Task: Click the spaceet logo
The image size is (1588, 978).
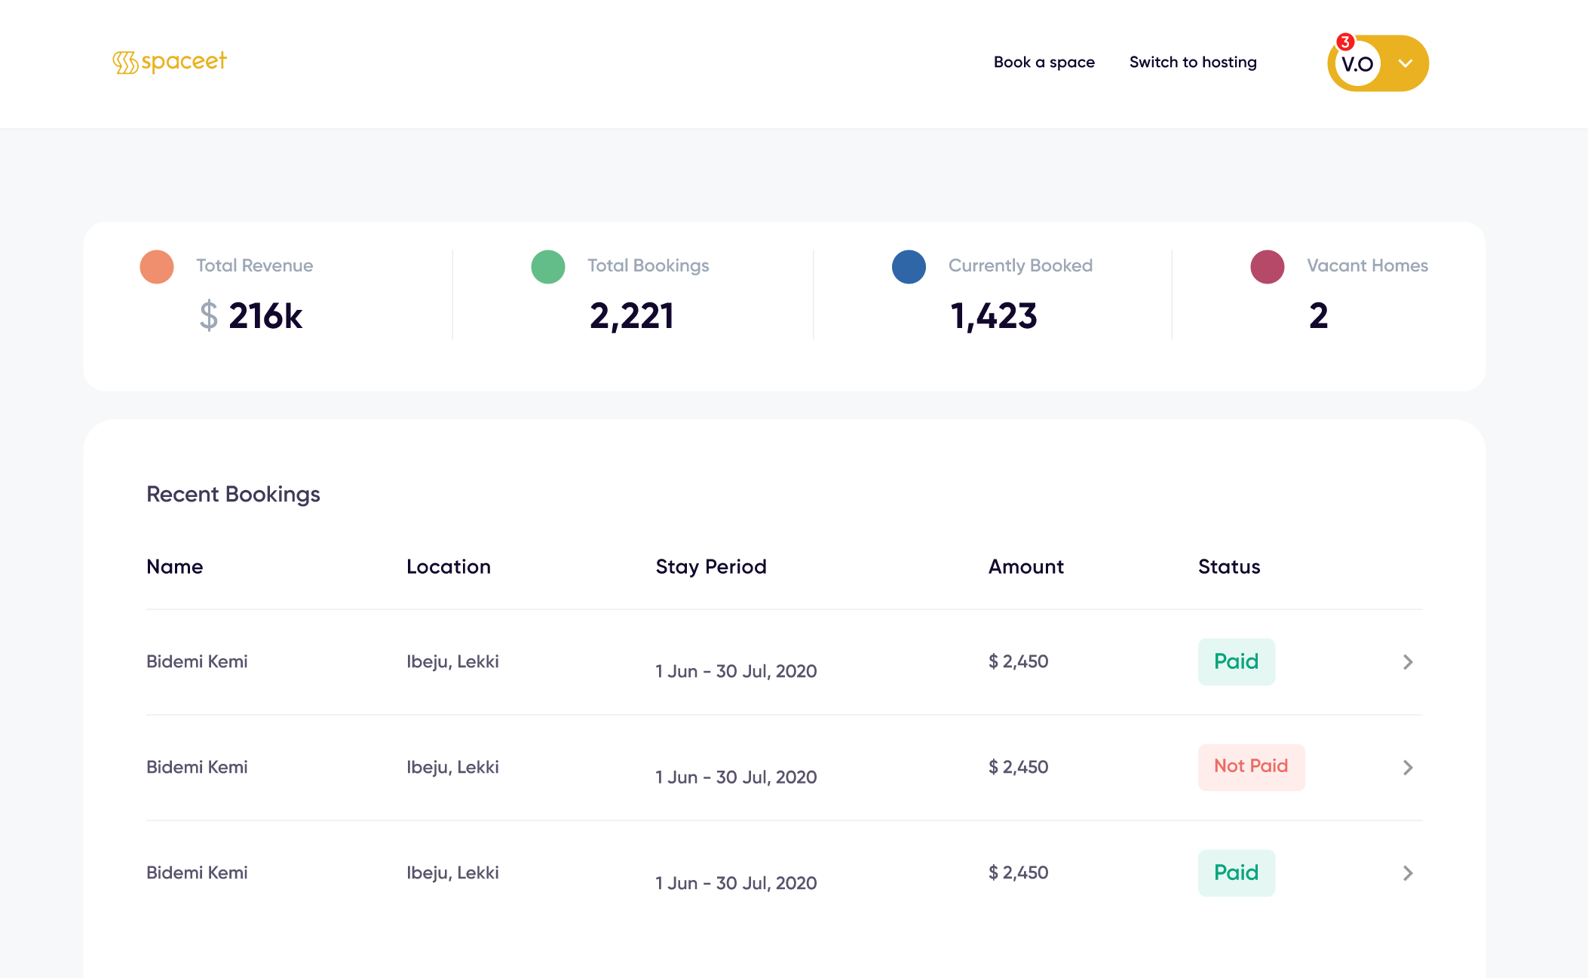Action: pos(170,62)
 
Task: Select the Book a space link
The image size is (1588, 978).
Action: pos(1044,63)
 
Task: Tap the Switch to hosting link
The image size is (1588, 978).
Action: pos(1192,63)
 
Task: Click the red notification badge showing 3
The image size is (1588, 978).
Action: pos(1344,42)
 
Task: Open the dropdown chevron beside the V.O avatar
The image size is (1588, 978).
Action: pos(1405,63)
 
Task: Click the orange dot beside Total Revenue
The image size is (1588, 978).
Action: pos(157,267)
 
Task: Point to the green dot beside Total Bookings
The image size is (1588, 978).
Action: pos(547,267)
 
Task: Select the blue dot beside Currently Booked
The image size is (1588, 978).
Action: pos(908,267)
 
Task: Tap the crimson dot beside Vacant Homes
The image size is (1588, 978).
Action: pos(1267,267)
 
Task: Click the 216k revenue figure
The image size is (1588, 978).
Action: pos(265,316)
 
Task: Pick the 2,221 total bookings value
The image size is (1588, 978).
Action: pos(631,316)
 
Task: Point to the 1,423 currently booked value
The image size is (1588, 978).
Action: pos(993,316)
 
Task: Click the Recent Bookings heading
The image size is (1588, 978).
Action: pos(233,495)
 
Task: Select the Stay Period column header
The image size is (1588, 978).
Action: pos(710,567)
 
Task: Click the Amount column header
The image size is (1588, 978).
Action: pos(1025,567)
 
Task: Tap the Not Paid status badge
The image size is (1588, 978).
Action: pos(1250,767)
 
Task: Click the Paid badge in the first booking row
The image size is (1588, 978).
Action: pos(1236,662)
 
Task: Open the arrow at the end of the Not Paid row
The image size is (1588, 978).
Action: pos(1407,768)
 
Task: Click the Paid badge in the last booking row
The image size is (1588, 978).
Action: pos(1236,873)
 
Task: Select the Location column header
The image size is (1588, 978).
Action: pos(448,567)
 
